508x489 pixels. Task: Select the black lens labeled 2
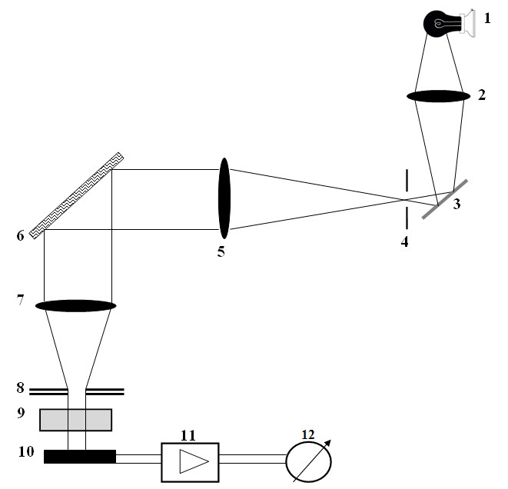[438, 96]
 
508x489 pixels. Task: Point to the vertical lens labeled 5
[224, 198]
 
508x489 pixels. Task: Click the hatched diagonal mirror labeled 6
[77, 195]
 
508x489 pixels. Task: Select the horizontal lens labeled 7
[75, 305]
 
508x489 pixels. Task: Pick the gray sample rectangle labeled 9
[75, 420]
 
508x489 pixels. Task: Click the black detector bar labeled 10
[80, 457]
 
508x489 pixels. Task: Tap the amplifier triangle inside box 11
[188, 461]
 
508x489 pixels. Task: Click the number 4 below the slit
[405, 242]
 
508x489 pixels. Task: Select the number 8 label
[21, 388]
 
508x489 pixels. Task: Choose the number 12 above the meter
[308, 434]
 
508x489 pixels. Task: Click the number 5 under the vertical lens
[221, 251]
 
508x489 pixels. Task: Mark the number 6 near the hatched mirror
[20, 236]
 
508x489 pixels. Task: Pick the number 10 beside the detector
[25, 452]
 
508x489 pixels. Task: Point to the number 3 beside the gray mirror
[458, 205]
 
